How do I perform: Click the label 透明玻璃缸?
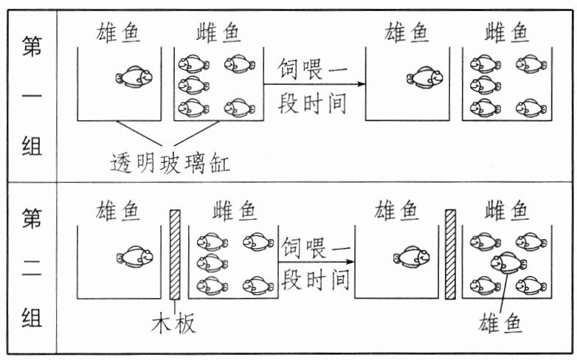click(x=170, y=162)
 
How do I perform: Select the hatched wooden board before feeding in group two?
click(x=175, y=255)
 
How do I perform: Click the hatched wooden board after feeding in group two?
click(x=450, y=255)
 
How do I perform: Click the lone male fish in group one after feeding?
click(x=423, y=76)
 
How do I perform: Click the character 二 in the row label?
click(x=31, y=269)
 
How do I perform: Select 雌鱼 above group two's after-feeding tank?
click(x=506, y=212)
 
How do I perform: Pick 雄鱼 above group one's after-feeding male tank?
click(x=407, y=33)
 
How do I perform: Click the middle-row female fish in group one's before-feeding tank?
click(x=193, y=84)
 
